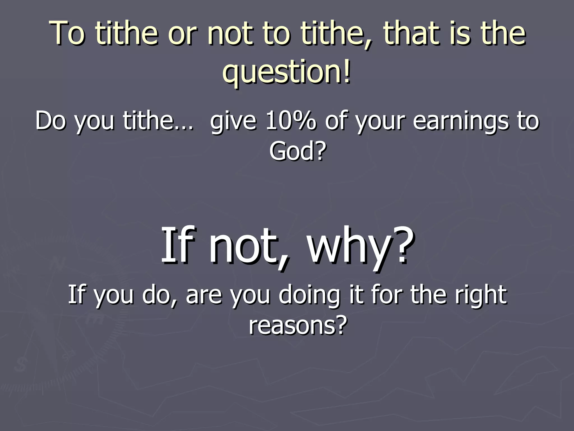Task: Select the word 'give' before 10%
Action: click(x=233, y=121)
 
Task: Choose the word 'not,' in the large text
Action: click(x=249, y=247)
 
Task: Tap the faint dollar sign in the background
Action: click(x=20, y=364)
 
